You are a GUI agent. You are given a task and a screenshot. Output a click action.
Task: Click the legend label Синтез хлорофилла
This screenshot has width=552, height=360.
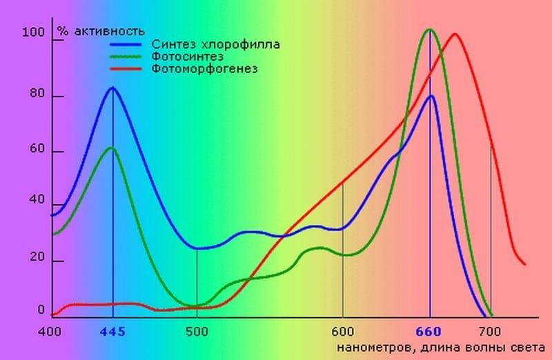point(215,44)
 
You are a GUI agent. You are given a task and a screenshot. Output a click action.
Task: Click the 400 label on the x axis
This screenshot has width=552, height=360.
point(50,331)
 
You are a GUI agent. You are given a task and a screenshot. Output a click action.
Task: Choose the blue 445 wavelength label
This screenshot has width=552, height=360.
point(112,332)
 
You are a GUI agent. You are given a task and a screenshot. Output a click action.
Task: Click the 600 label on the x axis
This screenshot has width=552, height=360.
point(342,331)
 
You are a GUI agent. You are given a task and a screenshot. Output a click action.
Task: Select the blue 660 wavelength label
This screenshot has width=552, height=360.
point(431,332)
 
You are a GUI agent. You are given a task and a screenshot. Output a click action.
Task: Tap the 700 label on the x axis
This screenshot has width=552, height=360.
point(489,331)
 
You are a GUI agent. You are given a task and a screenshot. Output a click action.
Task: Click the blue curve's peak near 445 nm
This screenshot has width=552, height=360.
point(112,88)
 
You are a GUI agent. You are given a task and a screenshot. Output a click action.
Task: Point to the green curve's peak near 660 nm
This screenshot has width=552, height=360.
point(431,30)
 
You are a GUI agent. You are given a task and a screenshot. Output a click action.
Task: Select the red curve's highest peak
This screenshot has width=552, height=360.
point(455,34)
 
